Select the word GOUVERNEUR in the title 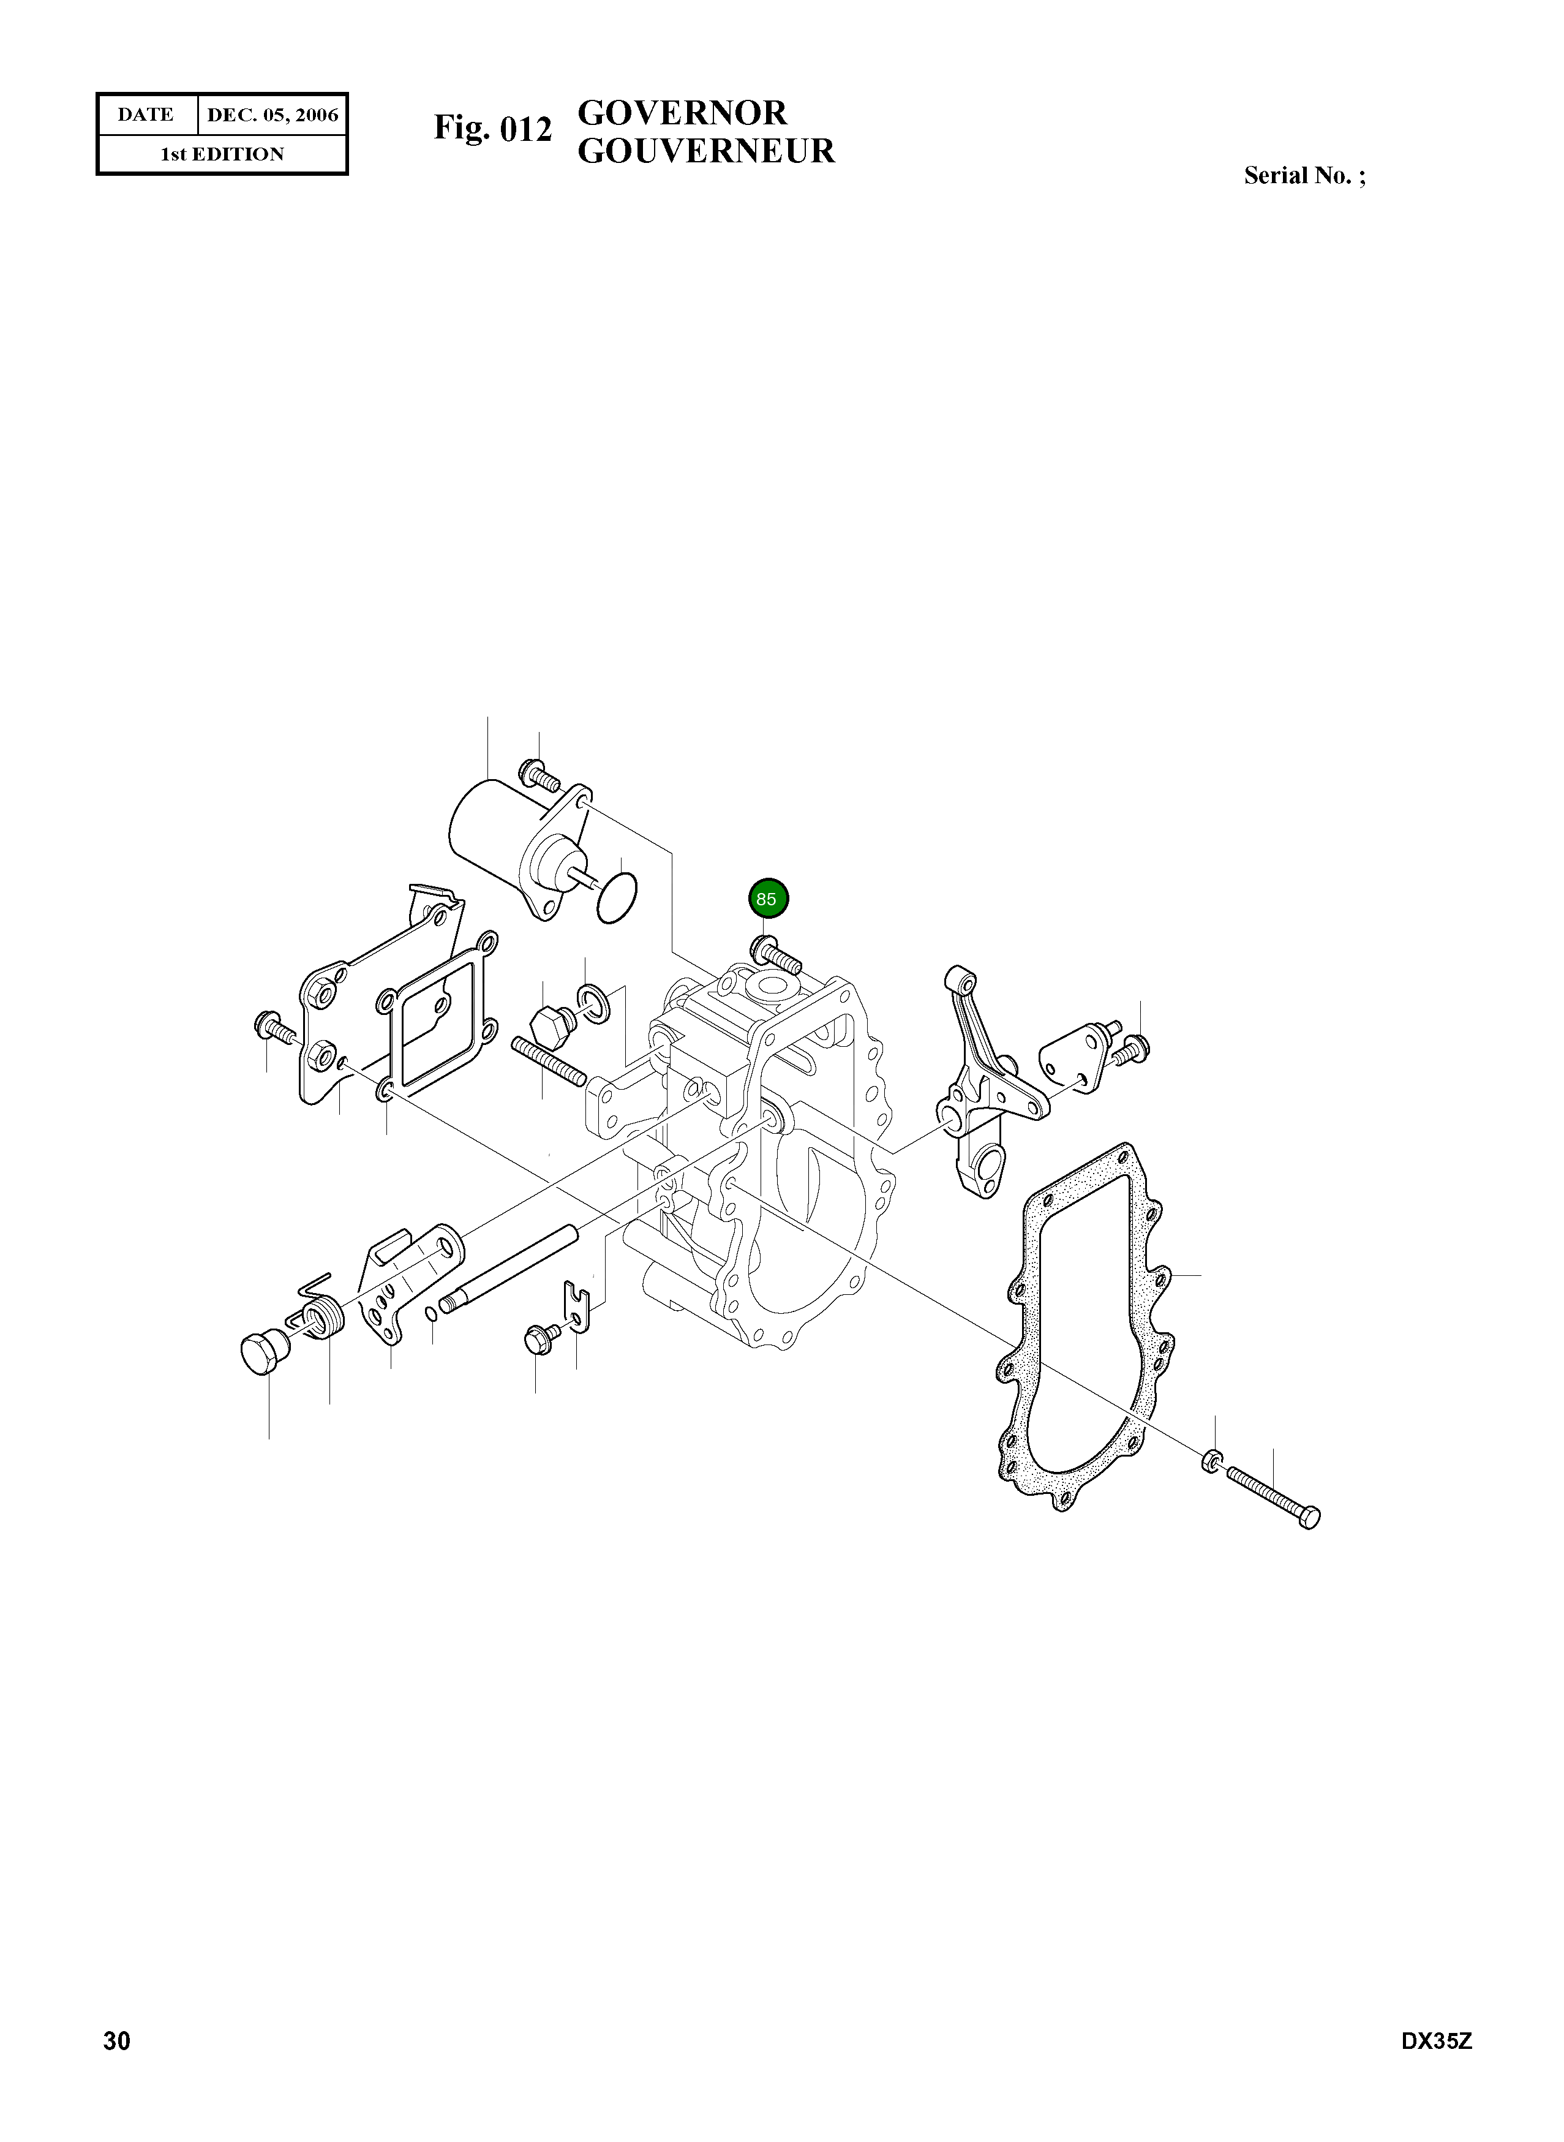[x=706, y=151]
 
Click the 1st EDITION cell [x=222, y=154]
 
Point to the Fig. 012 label [x=492, y=128]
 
